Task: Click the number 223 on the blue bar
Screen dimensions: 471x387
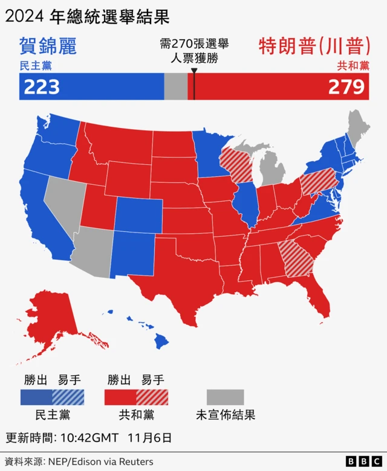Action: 41,87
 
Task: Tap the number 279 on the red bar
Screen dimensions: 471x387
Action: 346,87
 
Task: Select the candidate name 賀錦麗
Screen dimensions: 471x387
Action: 48,46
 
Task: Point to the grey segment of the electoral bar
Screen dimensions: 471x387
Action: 175,87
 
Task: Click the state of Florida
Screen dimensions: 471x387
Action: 317,296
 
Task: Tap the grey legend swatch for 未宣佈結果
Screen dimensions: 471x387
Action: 225,397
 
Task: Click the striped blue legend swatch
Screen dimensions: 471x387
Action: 68,397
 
